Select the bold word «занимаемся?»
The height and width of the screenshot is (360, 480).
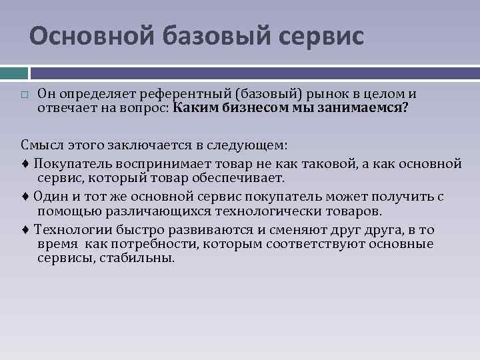367,107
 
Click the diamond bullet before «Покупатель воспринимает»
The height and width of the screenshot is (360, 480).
25,162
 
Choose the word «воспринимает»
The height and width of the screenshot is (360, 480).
143,162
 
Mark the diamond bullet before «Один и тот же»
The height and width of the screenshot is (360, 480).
25,197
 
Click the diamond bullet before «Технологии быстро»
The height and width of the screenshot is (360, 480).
25,230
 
